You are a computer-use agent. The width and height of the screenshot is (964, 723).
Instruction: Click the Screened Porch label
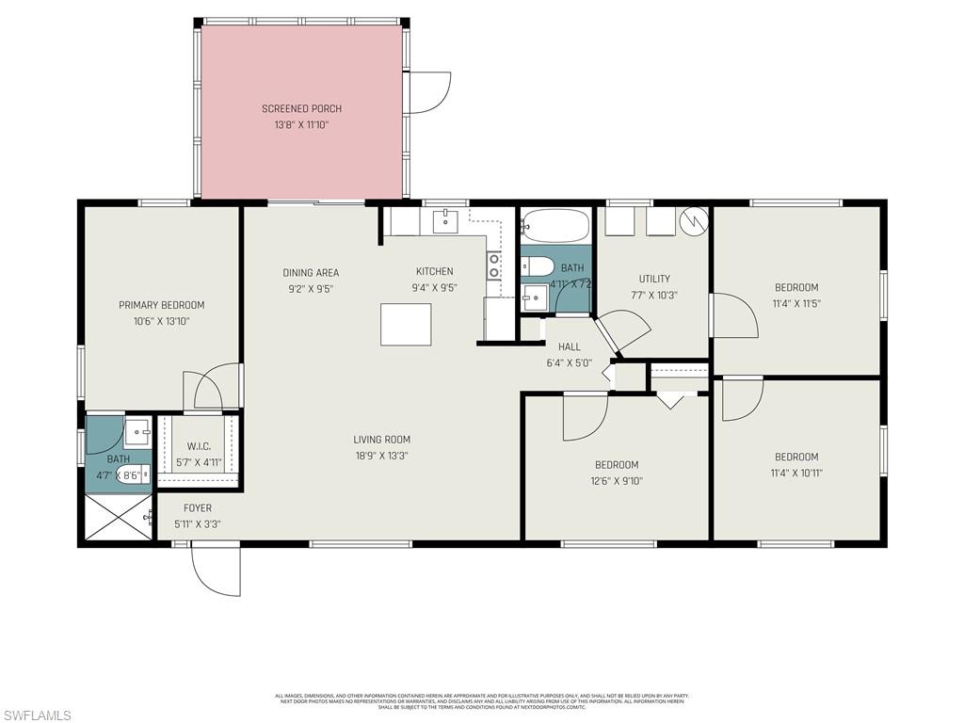point(301,108)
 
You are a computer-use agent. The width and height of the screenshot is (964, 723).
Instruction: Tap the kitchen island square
point(406,324)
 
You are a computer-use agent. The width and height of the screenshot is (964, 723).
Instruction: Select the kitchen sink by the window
point(444,221)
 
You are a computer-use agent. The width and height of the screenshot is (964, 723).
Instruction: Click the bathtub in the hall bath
point(555,226)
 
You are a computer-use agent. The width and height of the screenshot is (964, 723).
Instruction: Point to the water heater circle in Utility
point(694,220)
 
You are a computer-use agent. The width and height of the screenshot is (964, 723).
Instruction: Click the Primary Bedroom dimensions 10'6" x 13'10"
point(161,321)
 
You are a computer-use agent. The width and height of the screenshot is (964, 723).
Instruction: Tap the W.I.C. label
point(198,446)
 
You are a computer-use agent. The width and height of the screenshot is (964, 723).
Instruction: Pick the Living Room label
point(381,439)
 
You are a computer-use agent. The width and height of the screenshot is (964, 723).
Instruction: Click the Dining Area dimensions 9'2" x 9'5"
point(311,289)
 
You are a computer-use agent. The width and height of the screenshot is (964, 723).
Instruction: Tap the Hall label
point(569,346)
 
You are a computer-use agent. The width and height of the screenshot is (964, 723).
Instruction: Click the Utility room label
point(654,279)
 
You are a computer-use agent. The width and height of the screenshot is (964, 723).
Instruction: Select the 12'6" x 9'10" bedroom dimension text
point(617,480)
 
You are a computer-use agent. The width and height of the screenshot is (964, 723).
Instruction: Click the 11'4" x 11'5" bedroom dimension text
point(796,303)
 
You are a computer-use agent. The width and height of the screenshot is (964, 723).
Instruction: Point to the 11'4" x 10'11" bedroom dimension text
point(796,473)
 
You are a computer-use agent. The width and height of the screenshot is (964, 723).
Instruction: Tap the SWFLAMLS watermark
point(37,715)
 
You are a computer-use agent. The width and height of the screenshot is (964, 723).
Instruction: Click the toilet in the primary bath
point(131,475)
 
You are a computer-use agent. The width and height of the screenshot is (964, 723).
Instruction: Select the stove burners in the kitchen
point(492,265)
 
